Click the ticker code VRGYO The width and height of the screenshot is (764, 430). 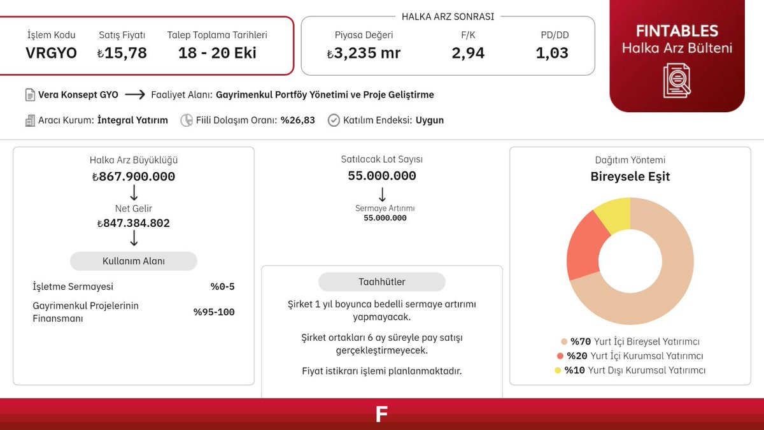51,53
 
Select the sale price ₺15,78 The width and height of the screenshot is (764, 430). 122,53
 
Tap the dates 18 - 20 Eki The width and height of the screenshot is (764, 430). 217,53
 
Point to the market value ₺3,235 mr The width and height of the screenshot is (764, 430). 364,53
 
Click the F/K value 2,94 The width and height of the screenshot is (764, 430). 468,53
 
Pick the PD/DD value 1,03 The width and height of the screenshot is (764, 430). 552,53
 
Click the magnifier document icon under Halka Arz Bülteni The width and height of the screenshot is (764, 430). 677,80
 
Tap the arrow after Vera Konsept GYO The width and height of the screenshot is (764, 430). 135,94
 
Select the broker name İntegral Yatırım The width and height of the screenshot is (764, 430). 132,120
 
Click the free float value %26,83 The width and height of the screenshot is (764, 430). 298,120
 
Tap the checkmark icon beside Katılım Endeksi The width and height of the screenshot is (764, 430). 334,120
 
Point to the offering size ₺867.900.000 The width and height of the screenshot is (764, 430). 133,176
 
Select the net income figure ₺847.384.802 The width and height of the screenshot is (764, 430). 133,223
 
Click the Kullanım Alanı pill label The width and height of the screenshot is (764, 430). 133,261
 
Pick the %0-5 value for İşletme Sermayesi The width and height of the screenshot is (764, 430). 222,287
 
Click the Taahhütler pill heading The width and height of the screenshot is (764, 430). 381,282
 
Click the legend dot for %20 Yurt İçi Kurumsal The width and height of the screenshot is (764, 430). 560,356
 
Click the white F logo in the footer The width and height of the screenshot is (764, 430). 381,414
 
